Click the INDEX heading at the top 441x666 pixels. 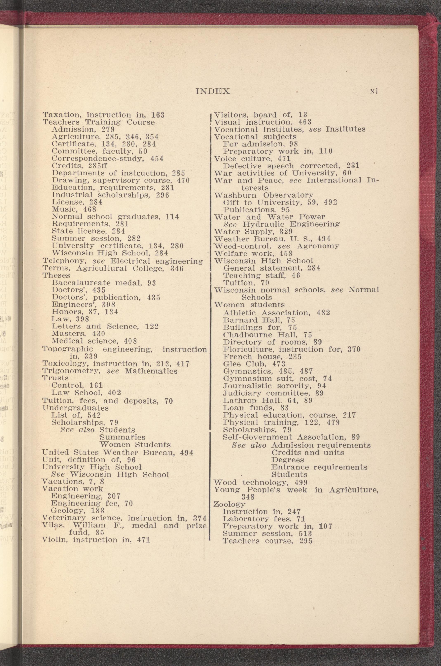coord(213,91)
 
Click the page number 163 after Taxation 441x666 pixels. coord(158,115)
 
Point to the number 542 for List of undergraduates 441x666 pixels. coord(94,415)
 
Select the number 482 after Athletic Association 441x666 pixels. coord(323,313)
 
